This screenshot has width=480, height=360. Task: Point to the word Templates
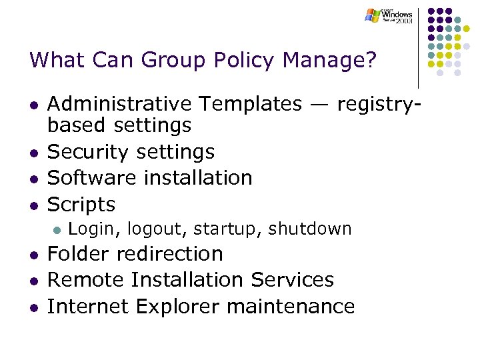249,104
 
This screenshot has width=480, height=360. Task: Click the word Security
89,152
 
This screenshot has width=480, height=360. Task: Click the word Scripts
81,204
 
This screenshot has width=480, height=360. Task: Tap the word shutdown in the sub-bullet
309,229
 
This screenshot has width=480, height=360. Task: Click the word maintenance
291,306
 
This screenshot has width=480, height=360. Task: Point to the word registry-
380,104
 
